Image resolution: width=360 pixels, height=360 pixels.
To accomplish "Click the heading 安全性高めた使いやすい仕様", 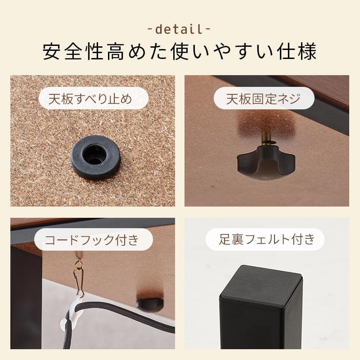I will (180, 52).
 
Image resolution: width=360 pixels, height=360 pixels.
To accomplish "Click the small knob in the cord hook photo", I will (149, 302).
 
